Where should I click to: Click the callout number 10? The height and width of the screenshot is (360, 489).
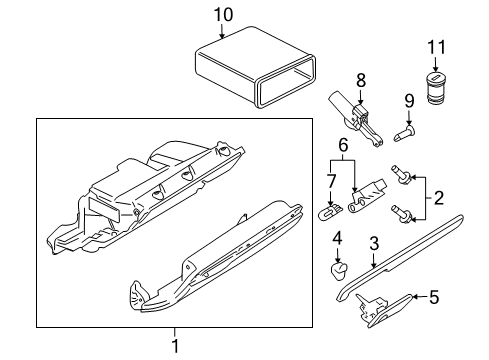pyautogui.click(x=223, y=15)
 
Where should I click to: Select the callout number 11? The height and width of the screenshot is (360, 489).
pyautogui.click(x=436, y=47)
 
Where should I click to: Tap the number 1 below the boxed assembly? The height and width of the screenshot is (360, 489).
pyautogui.click(x=175, y=346)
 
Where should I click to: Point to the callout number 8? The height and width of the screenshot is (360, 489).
pyautogui.click(x=361, y=80)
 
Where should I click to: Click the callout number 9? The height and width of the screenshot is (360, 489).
pyautogui.click(x=409, y=101)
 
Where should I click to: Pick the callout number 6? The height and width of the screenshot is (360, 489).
pyautogui.click(x=343, y=145)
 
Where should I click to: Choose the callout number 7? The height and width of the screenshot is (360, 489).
pyautogui.click(x=331, y=182)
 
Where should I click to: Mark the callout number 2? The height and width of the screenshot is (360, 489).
pyautogui.click(x=439, y=198)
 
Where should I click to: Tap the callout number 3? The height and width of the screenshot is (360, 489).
pyautogui.click(x=374, y=243)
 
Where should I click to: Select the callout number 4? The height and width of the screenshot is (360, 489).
pyautogui.click(x=337, y=239)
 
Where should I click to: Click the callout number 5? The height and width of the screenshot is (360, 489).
pyautogui.click(x=434, y=297)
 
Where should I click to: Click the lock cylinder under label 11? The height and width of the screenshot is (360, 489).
pyautogui.click(x=435, y=88)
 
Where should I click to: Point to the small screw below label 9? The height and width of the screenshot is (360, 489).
pyautogui.click(x=404, y=133)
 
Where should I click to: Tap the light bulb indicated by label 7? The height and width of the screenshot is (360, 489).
pyautogui.click(x=330, y=212)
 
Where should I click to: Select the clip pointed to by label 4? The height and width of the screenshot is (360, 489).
pyautogui.click(x=339, y=270)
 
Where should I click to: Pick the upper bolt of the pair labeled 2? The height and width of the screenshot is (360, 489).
pyautogui.click(x=401, y=175)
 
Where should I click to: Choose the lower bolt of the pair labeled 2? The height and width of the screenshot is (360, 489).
pyautogui.click(x=401, y=213)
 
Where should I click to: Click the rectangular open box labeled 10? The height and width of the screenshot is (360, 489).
pyautogui.click(x=255, y=68)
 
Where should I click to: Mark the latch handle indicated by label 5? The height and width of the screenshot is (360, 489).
pyautogui.click(x=383, y=310)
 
